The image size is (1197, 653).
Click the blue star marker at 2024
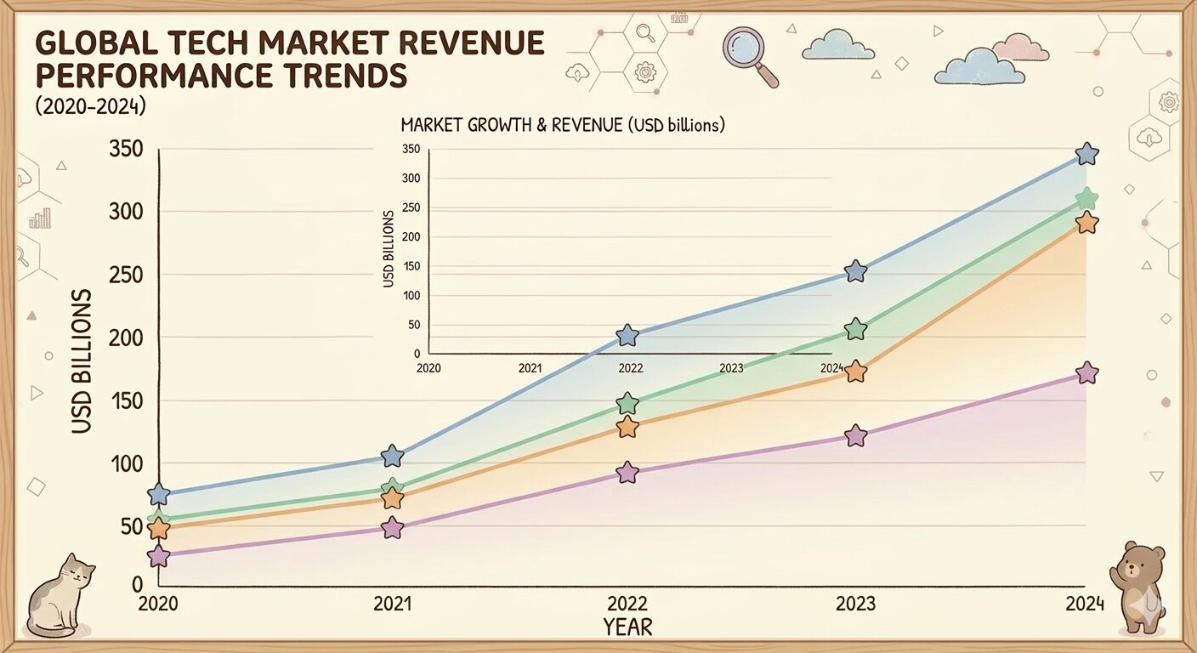[1086, 154]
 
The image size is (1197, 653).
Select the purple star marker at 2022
[627, 473]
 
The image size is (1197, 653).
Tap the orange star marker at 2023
[856, 372]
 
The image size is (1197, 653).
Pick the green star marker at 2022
[627, 403]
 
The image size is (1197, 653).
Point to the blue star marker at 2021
[392, 456]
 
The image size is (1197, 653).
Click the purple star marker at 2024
[1086, 372]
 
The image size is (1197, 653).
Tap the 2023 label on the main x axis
[855, 604]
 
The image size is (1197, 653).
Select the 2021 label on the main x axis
[392, 604]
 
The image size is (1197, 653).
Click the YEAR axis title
[627, 627]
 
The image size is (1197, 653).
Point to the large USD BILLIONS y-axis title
[82, 361]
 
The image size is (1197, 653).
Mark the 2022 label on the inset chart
[631, 368]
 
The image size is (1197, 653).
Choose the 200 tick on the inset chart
[411, 236]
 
